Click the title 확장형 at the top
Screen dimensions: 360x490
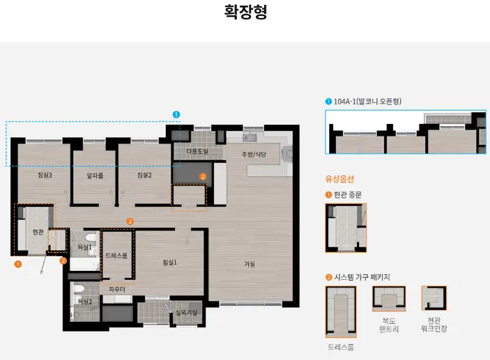coord(245,13)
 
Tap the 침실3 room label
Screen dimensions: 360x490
coord(45,175)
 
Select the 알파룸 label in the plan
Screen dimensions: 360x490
coord(95,175)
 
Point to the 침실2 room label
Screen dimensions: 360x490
coord(144,175)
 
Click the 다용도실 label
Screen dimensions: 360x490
coord(197,151)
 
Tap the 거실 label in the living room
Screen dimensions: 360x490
coord(250,264)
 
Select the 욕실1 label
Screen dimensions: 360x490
coord(84,247)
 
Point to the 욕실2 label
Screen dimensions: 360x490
coord(84,301)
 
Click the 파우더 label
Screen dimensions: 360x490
coord(116,289)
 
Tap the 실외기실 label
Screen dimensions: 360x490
coord(185,313)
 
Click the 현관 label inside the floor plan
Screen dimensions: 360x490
coord(38,232)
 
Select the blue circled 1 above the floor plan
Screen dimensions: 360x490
coord(176,114)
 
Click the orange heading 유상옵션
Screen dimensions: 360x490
coord(340,178)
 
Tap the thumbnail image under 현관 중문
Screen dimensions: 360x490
coord(346,228)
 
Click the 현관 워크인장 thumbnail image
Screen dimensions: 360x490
coord(434,298)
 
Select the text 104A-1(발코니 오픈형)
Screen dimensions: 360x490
coord(367,102)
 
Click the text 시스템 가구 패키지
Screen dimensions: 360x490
coord(362,277)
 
